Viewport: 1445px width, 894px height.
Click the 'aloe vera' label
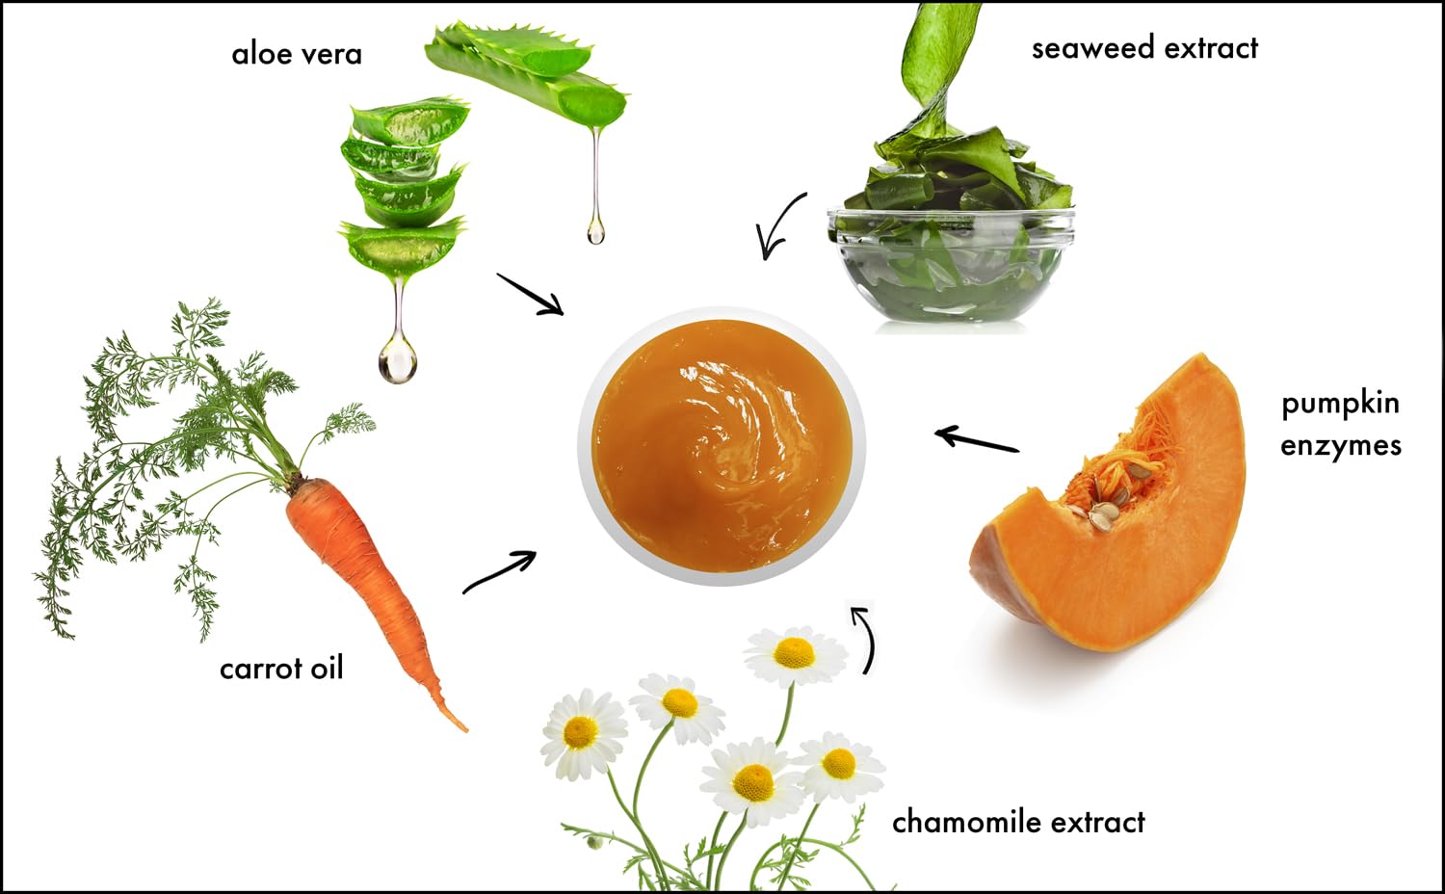pyautogui.click(x=297, y=54)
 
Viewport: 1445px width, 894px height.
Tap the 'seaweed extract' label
pyautogui.click(x=1145, y=48)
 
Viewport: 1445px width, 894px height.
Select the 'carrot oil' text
pyautogui.click(x=282, y=668)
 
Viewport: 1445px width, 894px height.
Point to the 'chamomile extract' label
pyautogui.click(x=1018, y=823)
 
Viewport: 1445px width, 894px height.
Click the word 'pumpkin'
pyautogui.click(x=1341, y=405)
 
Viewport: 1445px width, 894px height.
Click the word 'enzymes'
pyautogui.click(x=1341, y=446)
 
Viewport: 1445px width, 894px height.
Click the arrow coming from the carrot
pyautogui.click(x=500, y=571)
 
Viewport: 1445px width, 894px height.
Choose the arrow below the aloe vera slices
pyautogui.click(x=530, y=295)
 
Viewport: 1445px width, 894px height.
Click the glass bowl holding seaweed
pyautogui.click(x=952, y=265)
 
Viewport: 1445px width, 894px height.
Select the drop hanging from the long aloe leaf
pyautogui.click(x=596, y=231)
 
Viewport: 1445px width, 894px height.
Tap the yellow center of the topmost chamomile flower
pyautogui.click(x=794, y=653)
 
